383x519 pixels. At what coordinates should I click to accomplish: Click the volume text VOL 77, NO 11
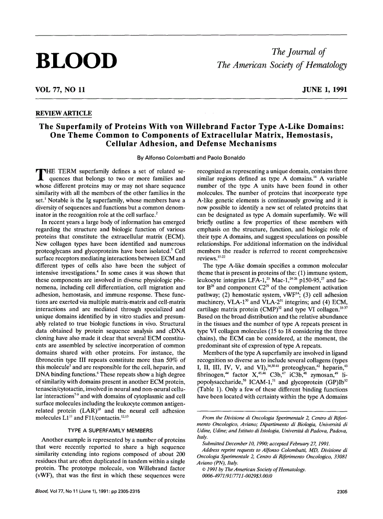60,90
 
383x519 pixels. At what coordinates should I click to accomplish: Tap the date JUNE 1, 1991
325,90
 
